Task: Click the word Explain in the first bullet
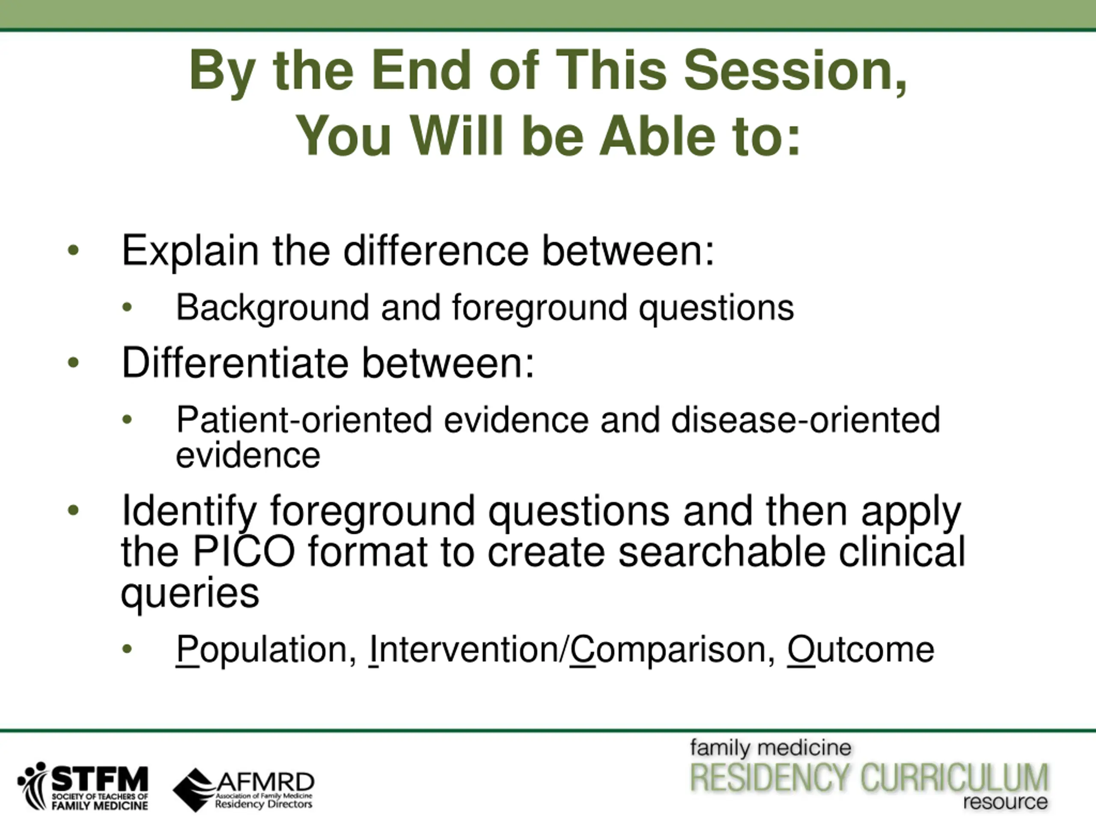[190, 252]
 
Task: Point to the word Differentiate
[235, 363]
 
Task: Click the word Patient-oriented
[305, 420]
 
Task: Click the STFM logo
[83, 786]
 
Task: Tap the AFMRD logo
[243, 790]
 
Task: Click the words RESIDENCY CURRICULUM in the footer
[869, 777]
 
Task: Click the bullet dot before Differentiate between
[73, 363]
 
